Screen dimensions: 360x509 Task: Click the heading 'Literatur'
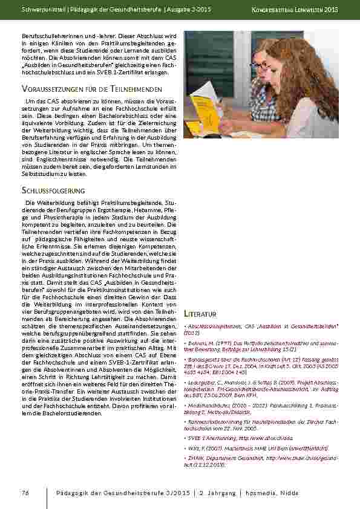pyautogui.click(x=200, y=314)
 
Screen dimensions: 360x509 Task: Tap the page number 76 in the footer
pyautogui.click(x=25, y=493)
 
